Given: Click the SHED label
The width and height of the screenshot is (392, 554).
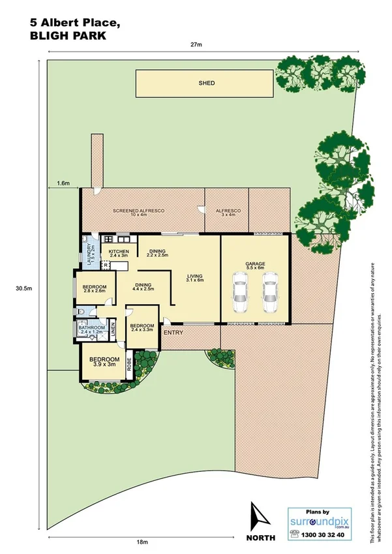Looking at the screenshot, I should pos(207,84).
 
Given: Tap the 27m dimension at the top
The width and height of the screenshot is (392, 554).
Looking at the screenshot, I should pos(196,44).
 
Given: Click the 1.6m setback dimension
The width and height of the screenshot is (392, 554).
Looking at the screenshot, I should pos(63,184).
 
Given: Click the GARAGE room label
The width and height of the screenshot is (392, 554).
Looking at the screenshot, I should pos(255,264).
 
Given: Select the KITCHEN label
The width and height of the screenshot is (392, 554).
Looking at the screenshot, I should pos(119,252).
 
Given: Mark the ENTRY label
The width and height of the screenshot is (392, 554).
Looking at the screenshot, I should pos(173,333).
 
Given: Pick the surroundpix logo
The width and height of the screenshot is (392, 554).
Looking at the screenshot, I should pos(316,522).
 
